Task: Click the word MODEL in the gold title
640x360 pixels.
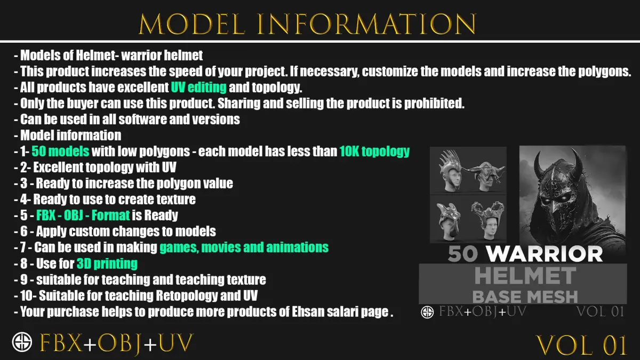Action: pyautogui.click(x=192, y=24)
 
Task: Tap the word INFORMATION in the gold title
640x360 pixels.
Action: pyautogui.click(x=366, y=24)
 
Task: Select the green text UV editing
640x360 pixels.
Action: pyautogui.click(x=199, y=87)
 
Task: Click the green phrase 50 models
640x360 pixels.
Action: pyautogui.click(x=60, y=151)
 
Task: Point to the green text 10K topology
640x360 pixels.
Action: pyautogui.click(x=374, y=151)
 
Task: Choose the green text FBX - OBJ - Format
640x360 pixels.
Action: pyautogui.click(x=83, y=215)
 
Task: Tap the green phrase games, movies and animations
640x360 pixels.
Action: pyautogui.click(x=244, y=247)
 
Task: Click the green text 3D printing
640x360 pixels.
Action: pyautogui.click(x=107, y=263)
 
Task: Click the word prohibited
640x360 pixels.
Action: pyautogui.click(x=434, y=103)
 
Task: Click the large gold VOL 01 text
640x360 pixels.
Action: pyautogui.click(x=581, y=345)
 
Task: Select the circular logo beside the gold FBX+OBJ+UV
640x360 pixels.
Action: pyautogui.click(x=22, y=342)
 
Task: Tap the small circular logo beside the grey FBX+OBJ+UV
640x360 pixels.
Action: pyautogui.click(x=427, y=312)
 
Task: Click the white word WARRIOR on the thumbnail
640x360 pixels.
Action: pyautogui.click(x=545, y=254)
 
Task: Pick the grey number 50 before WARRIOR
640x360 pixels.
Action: pyautogui.click(x=463, y=254)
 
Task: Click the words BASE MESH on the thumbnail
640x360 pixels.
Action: pyautogui.click(x=525, y=297)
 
